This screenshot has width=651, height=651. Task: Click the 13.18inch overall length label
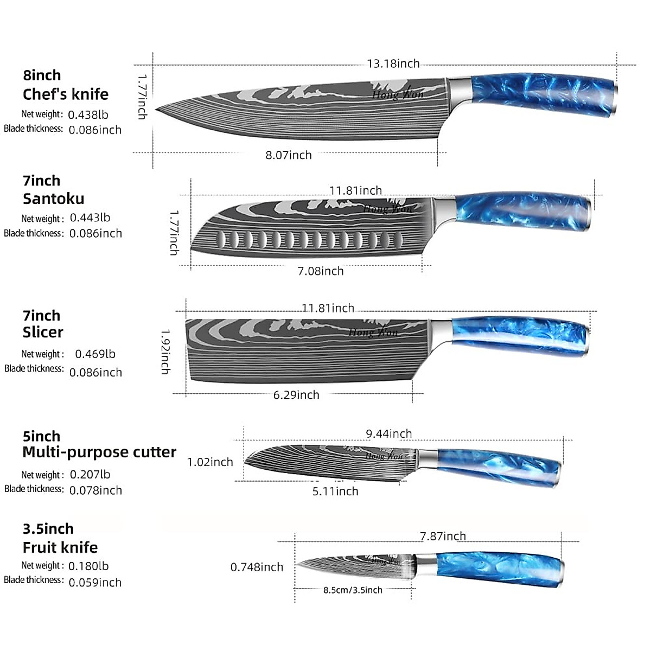tap(393, 63)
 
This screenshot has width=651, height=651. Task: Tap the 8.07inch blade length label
tap(289, 155)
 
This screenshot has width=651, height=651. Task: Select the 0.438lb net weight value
tap(88, 114)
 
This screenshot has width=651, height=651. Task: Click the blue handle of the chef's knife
tap(545, 94)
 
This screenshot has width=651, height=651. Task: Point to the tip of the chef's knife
tap(155, 110)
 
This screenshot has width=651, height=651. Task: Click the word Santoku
tap(53, 199)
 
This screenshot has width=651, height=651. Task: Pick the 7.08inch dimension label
tap(321, 271)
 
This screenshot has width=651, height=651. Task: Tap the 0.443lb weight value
tap(90, 218)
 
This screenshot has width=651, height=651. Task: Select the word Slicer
tap(43, 332)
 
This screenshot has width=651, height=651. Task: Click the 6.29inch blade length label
tap(296, 394)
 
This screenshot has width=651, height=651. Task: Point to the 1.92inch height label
tap(165, 352)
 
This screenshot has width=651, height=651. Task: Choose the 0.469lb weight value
tap(95, 354)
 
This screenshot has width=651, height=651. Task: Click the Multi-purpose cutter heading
tap(99, 452)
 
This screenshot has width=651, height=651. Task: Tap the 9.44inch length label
tap(389, 433)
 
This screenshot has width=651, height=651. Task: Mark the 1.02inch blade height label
tap(210, 462)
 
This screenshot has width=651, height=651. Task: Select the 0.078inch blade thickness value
tap(95, 490)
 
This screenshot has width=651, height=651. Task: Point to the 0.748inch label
tap(257, 567)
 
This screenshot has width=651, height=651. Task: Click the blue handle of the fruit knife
tap(500, 569)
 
